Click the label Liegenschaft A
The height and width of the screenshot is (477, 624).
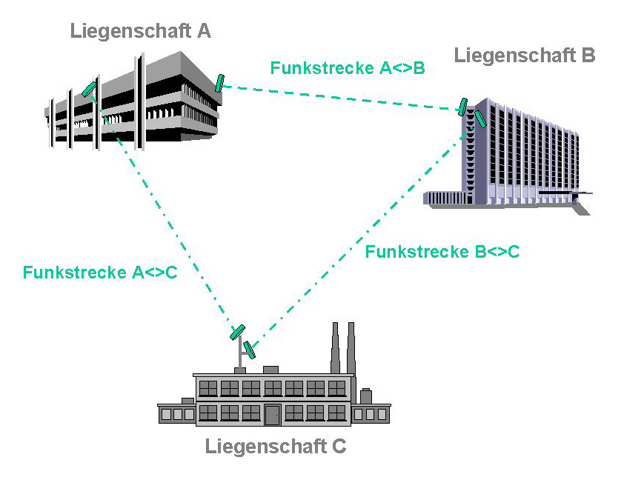(x=140, y=31)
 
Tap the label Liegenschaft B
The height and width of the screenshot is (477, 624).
(x=525, y=55)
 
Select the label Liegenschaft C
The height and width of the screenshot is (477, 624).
(x=275, y=447)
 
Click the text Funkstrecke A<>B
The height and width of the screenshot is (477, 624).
(x=347, y=69)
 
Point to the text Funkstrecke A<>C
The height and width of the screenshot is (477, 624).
(x=100, y=272)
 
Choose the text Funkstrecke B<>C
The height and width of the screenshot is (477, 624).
(x=442, y=251)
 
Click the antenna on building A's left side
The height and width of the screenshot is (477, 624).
(x=89, y=89)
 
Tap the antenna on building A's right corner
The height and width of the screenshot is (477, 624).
(x=219, y=83)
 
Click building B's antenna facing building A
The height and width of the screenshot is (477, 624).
(x=462, y=107)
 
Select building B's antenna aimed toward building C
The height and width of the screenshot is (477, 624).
(x=481, y=118)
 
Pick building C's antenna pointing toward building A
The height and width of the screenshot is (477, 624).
(x=237, y=331)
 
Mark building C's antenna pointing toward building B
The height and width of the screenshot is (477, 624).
(x=250, y=349)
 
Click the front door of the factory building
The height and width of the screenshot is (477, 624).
(x=273, y=414)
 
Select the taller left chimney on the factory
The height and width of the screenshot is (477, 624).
(x=336, y=348)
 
